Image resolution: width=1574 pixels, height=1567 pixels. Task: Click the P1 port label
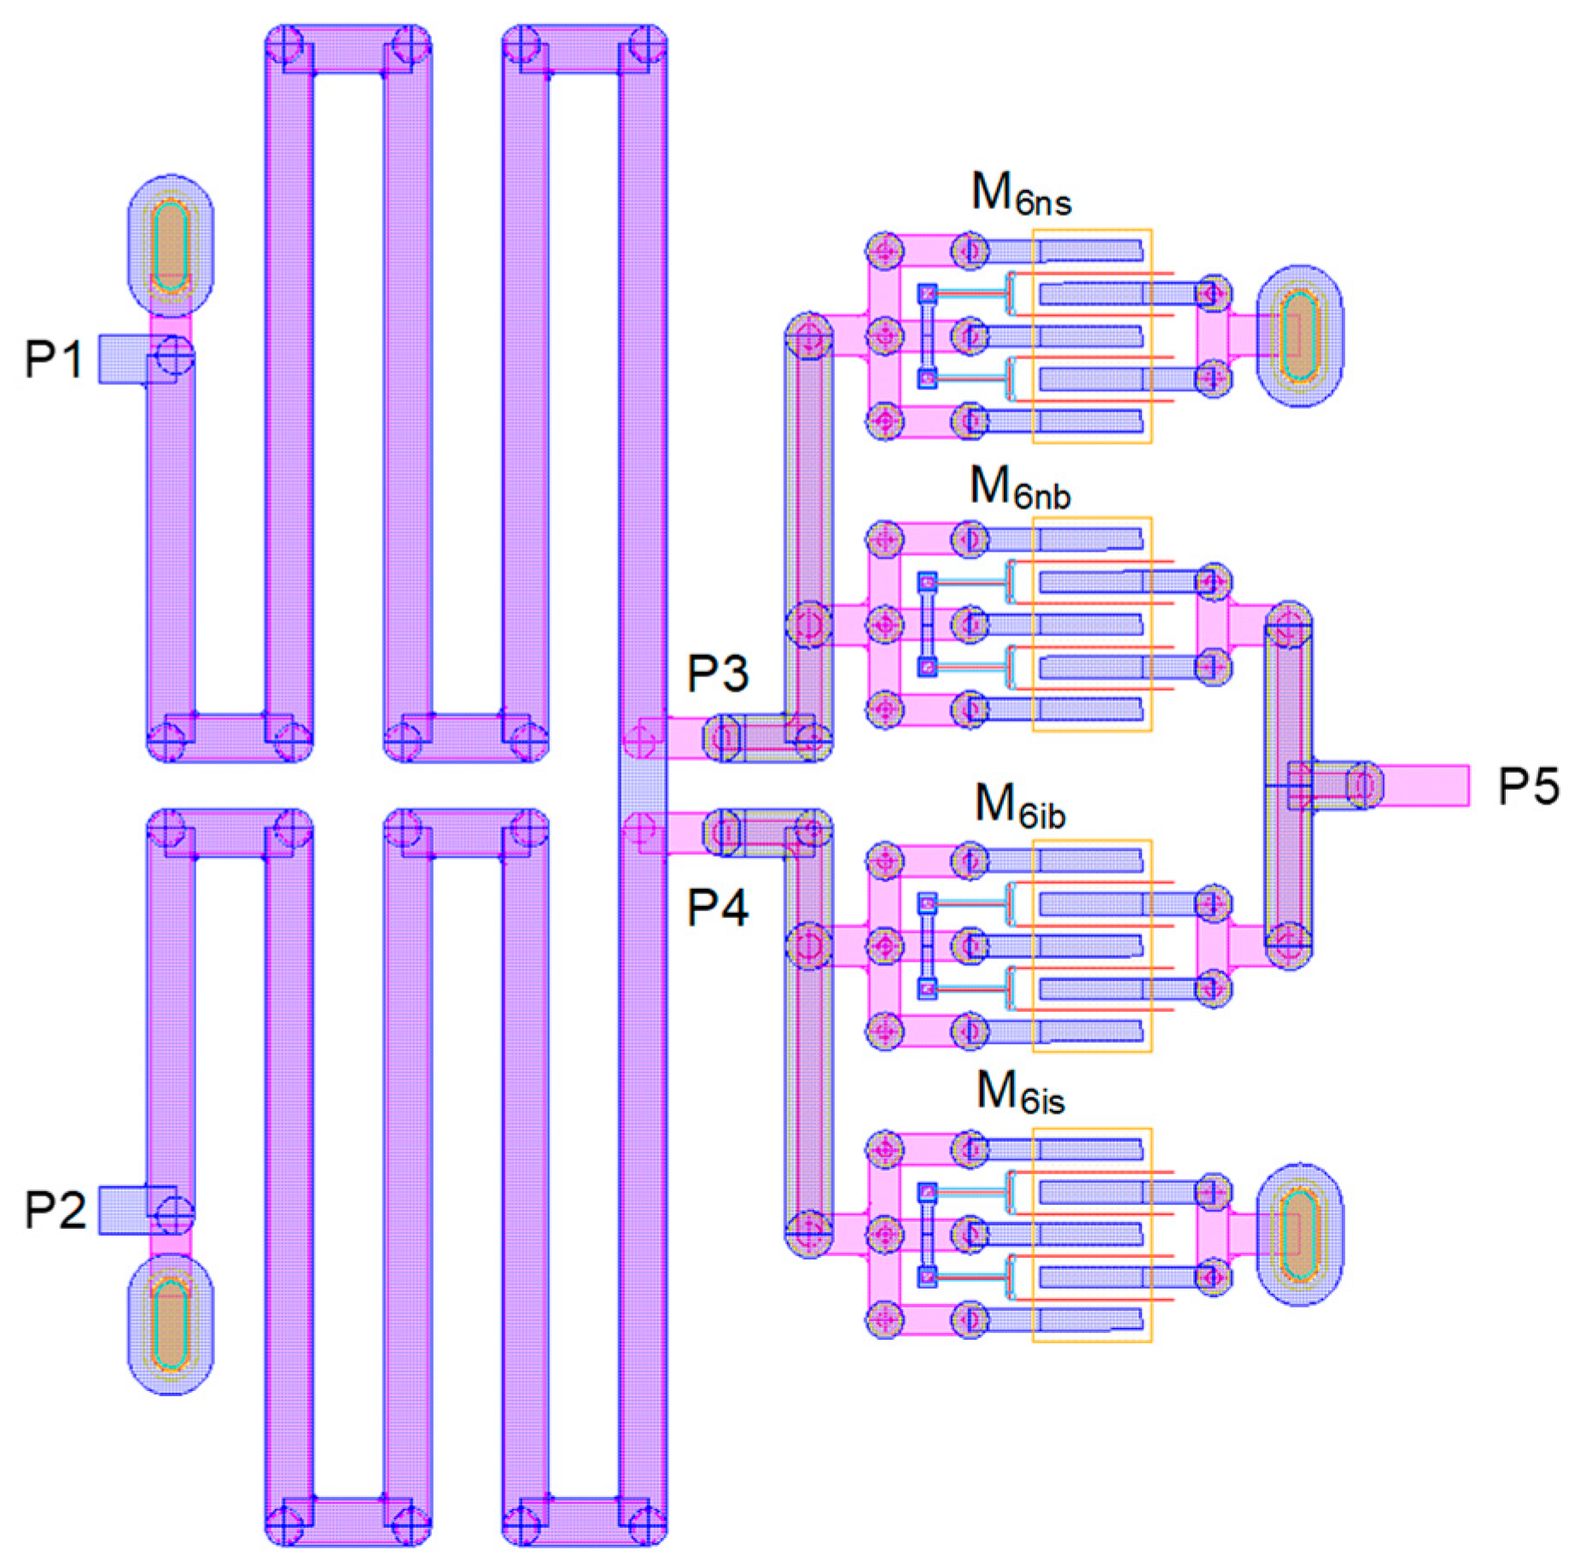(x=54, y=359)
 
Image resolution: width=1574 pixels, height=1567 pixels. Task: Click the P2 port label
(x=55, y=1210)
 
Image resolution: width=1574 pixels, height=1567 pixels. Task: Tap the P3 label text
(x=718, y=674)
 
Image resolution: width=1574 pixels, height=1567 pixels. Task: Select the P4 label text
(x=718, y=907)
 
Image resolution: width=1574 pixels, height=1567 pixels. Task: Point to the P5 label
(x=1528, y=786)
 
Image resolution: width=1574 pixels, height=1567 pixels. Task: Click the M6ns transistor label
(x=1020, y=195)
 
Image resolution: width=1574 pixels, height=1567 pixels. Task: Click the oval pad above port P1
(x=171, y=246)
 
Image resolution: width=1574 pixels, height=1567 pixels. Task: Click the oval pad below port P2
(x=171, y=1324)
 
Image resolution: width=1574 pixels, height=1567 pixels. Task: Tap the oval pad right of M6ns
(x=1299, y=336)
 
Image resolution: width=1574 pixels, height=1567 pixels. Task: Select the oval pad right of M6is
(x=1299, y=1233)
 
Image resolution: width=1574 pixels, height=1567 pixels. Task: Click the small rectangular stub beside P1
(x=124, y=359)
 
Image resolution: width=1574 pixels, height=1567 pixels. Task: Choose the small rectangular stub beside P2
(x=124, y=1210)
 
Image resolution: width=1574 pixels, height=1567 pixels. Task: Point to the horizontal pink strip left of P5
(x=1421, y=786)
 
